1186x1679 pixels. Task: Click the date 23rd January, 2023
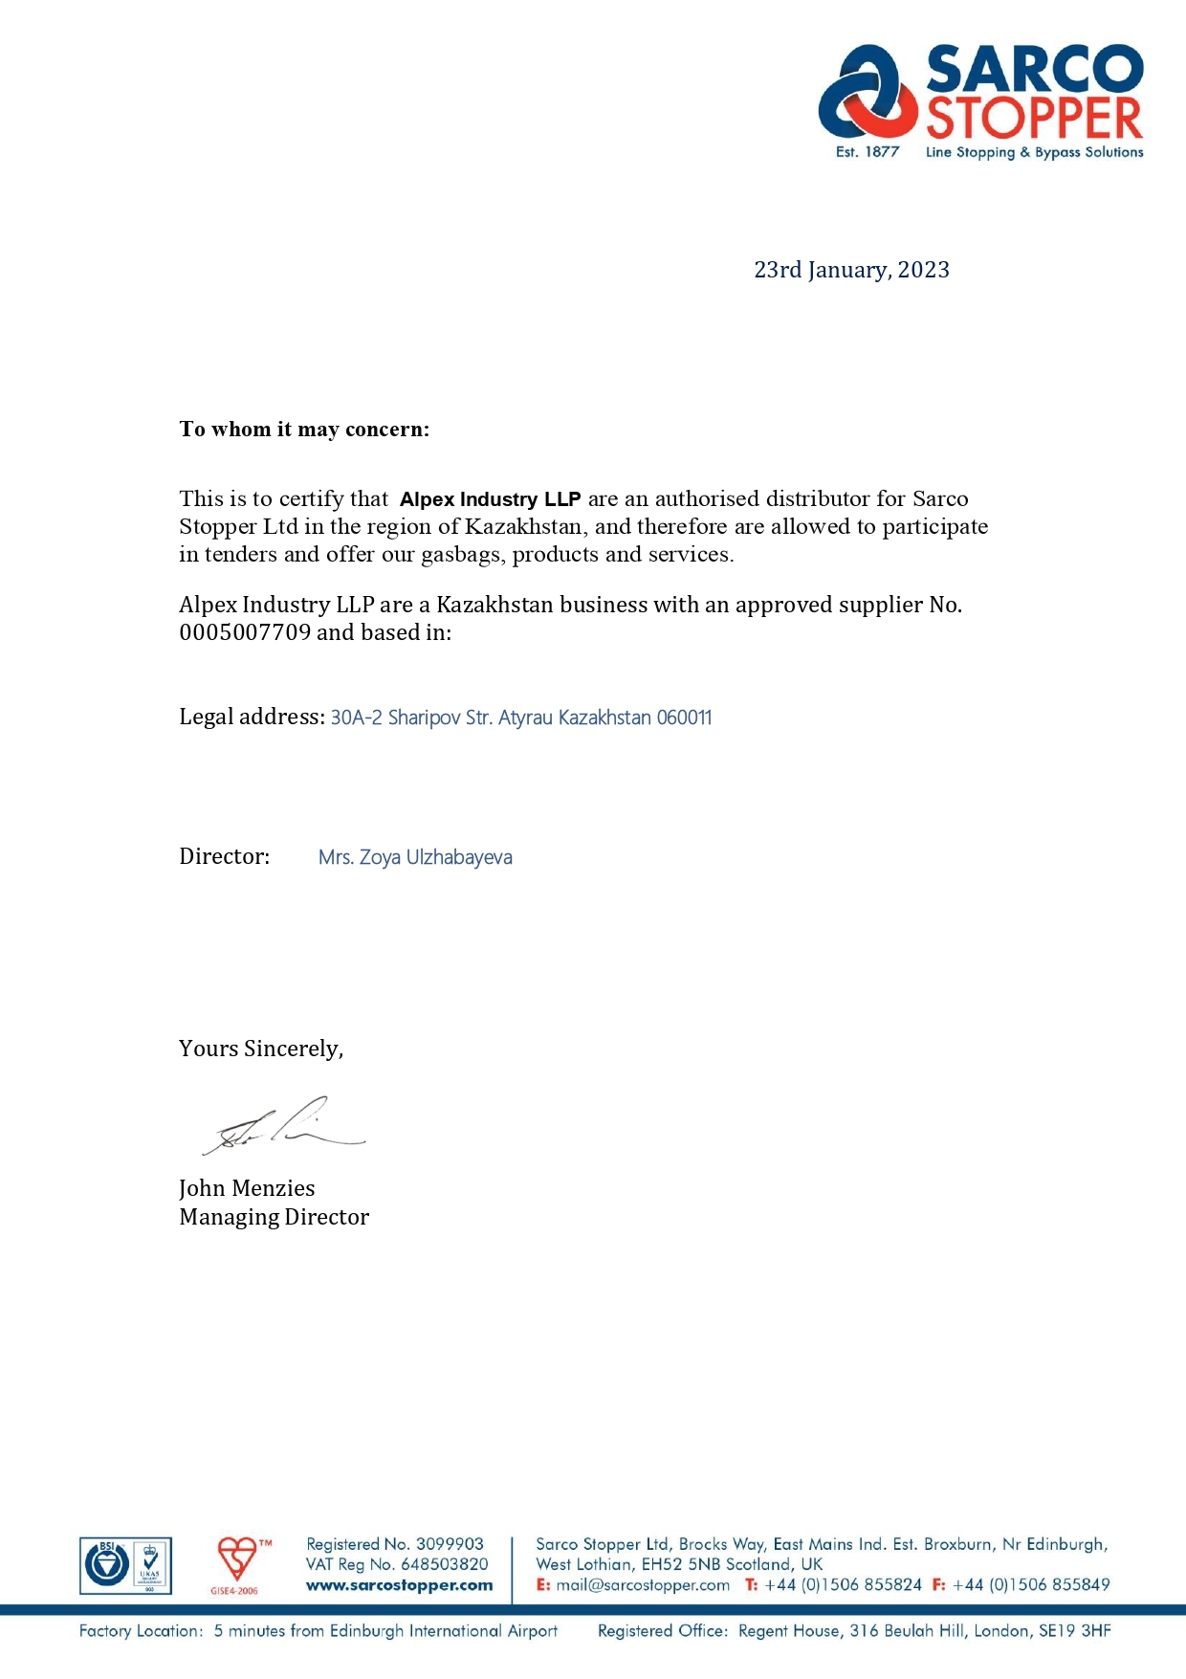(x=851, y=270)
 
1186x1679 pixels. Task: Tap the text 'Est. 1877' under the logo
(x=867, y=152)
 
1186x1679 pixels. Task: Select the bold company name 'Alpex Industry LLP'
(x=490, y=499)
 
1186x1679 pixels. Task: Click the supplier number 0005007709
(x=245, y=632)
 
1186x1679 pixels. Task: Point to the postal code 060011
(x=684, y=718)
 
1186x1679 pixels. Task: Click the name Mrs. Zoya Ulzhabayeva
(x=415, y=857)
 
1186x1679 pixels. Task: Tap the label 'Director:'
(x=225, y=856)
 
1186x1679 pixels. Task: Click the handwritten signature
(x=283, y=1127)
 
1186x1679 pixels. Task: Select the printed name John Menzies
(x=247, y=1188)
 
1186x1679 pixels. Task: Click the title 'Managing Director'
(x=274, y=1217)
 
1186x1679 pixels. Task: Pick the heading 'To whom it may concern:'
(x=304, y=430)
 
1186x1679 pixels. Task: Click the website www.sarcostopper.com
(x=399, y=1585)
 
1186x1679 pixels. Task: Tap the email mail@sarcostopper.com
(x=643, y=1585)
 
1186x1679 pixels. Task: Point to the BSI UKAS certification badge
(x=125, y=1566)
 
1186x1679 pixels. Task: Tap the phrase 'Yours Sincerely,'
(x=261, y=1049)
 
